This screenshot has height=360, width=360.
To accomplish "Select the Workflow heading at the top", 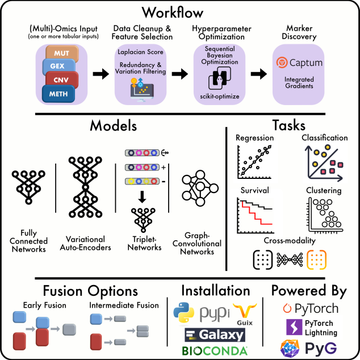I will tap(179, 12).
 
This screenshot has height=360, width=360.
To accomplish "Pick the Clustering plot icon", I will tap(324, 216).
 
